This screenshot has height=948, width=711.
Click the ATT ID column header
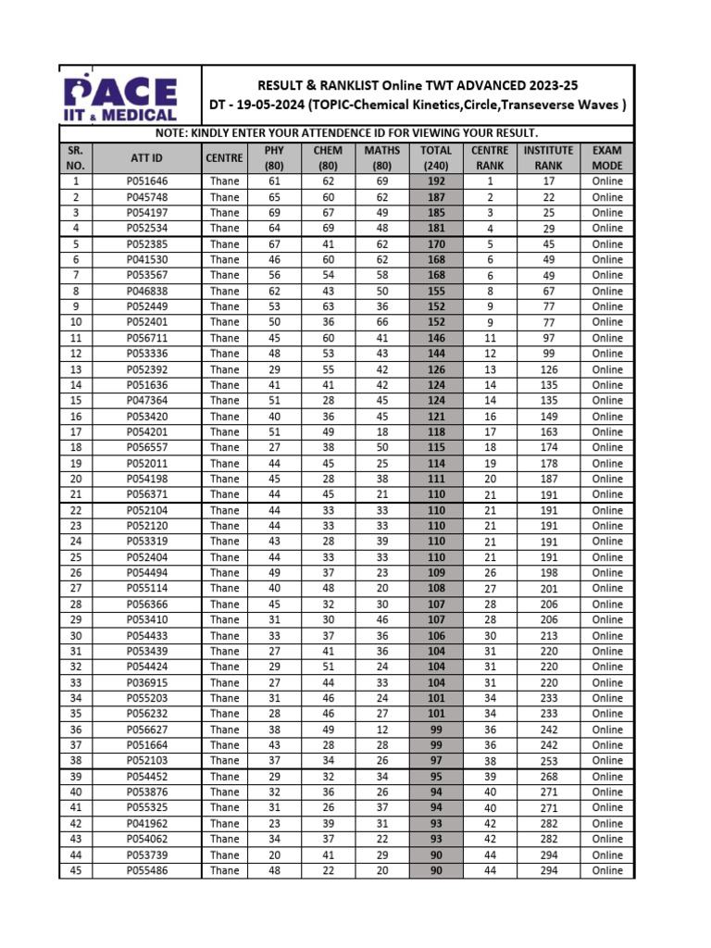click(x=147, y=157)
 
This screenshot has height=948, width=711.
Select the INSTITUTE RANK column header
click(x=548, y=157)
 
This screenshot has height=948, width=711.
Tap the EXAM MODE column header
click(x=607, y=157)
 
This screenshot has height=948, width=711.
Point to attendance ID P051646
click(x=147, y=181)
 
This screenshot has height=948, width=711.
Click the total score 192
click(x=436, y=181)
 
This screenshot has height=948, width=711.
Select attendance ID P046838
click(x=147, y=291)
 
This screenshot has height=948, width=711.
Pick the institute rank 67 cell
click(x=548, y=291)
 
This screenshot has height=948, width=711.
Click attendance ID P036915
click(x=147, y=682)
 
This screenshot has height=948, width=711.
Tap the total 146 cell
click(x=436, y=338)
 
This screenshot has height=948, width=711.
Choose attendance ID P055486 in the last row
click(x=147, y=870)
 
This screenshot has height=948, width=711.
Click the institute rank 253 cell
click(x=548, y=760)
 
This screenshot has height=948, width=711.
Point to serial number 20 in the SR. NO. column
click(x=76, y=479)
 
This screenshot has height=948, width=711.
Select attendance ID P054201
click(x=147, y=431)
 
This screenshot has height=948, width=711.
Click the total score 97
click(x=436, y=760)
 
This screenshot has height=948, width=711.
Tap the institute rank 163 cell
click(x=548, y=431)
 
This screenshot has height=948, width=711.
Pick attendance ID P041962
click(x=147, y=823)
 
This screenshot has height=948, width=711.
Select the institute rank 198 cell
click(x=548, y=572)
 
